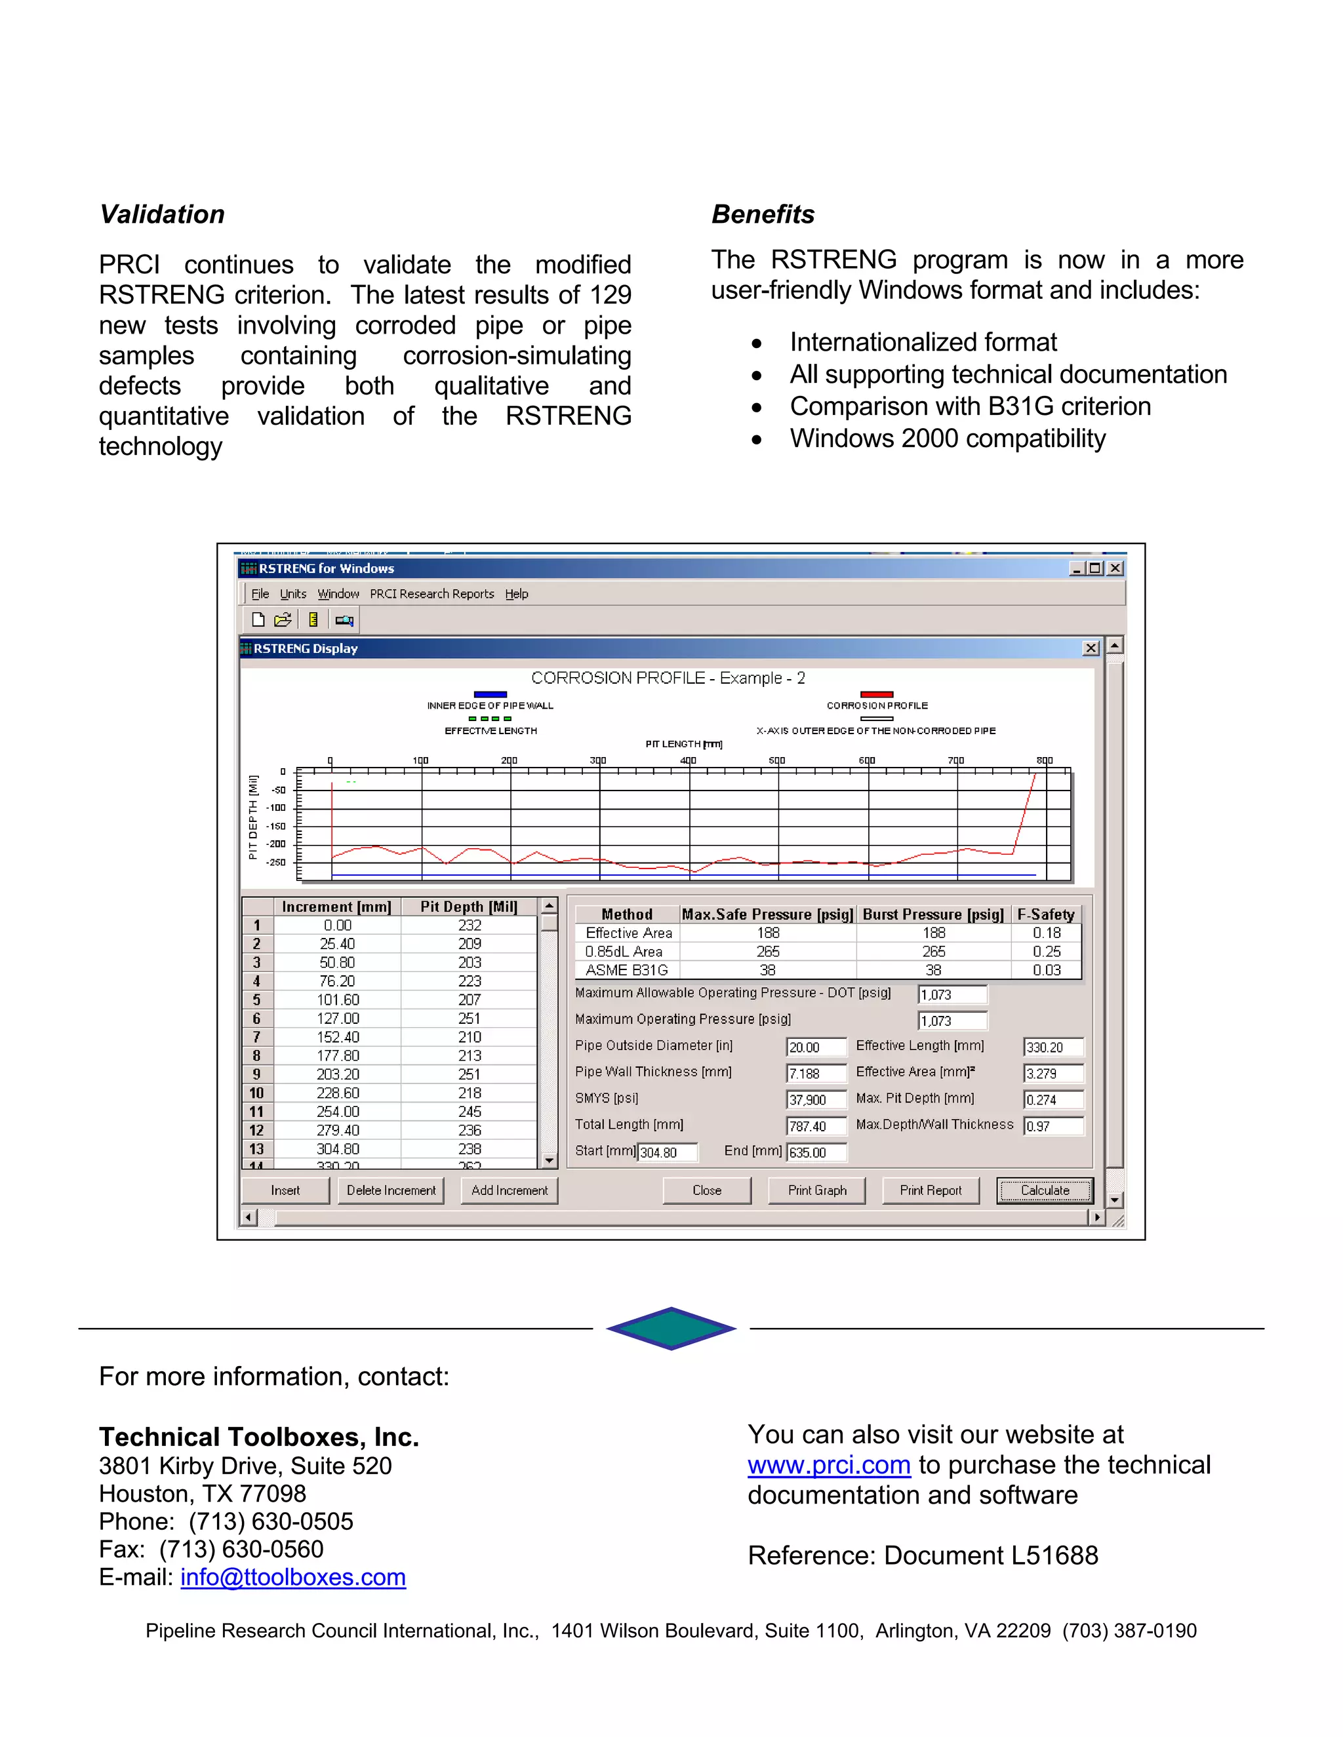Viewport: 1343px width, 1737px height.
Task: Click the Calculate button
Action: click(1045, 1190)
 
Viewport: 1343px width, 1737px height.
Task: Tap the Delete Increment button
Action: click(391, 1190)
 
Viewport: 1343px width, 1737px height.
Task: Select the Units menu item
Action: click(292, 593)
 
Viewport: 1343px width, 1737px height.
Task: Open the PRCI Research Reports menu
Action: click(431, 593)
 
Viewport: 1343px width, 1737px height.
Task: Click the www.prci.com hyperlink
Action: click(828, 1464)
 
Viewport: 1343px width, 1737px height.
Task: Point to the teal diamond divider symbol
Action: click(671, 1328)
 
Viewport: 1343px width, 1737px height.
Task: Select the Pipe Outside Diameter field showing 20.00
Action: click(816, 1047)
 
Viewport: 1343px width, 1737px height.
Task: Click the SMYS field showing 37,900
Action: click(816, 1100)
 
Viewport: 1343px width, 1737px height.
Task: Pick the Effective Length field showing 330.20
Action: click(1052, 1047)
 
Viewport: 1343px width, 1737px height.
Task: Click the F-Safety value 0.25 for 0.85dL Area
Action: click(1046, 951)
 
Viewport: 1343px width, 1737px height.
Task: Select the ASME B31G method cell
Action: click(626, 969)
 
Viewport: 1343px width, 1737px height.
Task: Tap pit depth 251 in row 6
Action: click(470, 1018)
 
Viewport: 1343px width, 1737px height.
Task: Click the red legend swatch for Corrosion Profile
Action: click(877, 694)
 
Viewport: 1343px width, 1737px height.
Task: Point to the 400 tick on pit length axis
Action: click(688, 760)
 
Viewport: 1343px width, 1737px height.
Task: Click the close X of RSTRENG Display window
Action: click(1091, 648)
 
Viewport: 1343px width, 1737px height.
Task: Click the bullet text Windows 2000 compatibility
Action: click(947, 439)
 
